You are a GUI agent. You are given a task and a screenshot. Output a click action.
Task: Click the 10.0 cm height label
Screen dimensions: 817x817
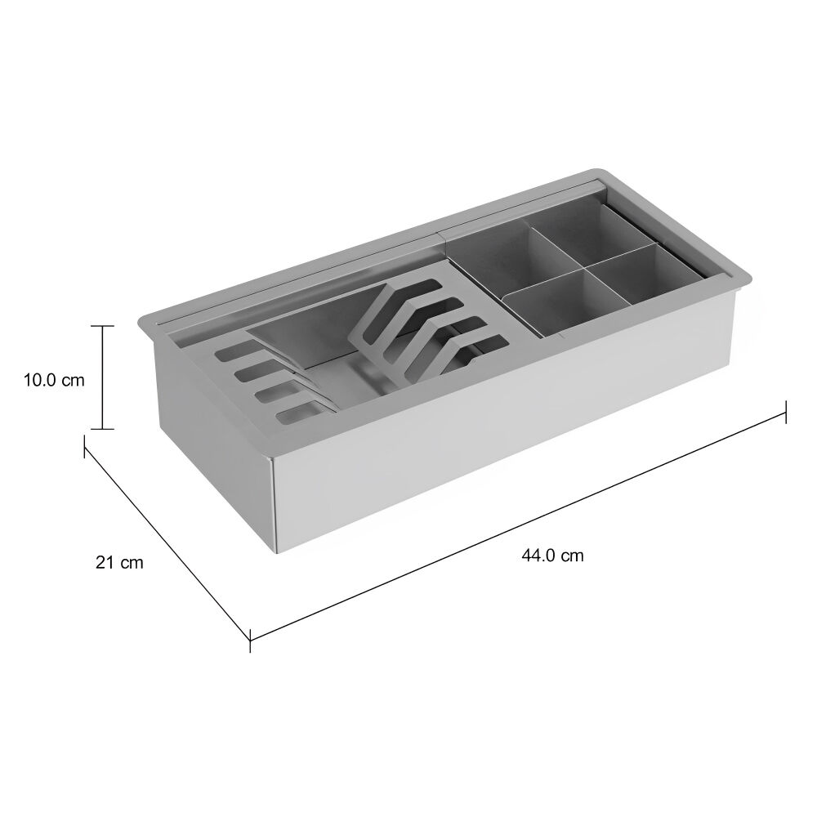point(54,380)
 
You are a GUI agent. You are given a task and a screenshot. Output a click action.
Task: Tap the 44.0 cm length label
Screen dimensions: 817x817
point(552,556)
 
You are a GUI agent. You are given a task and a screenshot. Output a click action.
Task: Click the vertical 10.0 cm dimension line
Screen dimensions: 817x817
point(102,377)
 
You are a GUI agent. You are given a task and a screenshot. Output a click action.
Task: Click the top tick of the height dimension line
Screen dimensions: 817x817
point(102,326)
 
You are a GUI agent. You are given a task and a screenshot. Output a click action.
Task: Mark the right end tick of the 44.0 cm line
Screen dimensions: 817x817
point(786,412)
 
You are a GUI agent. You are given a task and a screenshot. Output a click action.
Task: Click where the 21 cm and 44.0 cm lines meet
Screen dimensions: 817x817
point(250,640)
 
